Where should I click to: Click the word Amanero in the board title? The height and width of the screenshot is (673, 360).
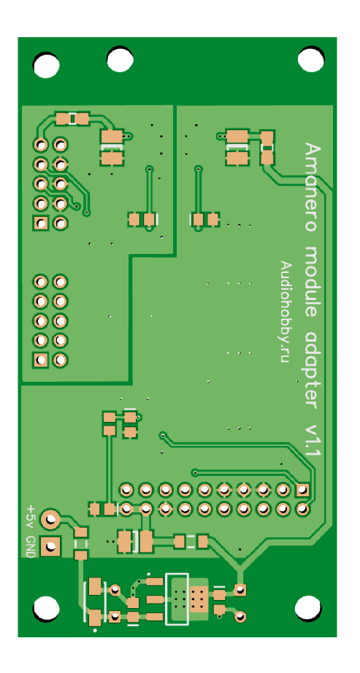(313, 187)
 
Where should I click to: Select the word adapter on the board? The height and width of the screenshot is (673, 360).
(313, 371)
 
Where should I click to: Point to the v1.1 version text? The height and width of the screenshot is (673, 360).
(313, 442)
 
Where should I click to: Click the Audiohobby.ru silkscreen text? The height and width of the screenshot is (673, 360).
(284, 312)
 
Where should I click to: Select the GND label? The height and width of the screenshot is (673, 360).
(30, 547)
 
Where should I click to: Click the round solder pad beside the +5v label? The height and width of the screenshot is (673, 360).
(50, 520)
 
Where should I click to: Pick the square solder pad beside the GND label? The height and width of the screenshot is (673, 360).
(50, 547)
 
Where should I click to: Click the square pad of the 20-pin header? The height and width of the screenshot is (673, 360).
(302, 489)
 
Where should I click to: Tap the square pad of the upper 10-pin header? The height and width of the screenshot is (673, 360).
(41, 223)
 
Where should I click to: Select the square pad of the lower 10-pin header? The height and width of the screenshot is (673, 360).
(41, 360)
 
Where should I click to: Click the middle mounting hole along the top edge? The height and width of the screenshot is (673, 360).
(120, 59)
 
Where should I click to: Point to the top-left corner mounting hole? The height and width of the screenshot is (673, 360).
(46, 65)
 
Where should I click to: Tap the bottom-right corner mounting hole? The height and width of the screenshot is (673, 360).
(307, 608)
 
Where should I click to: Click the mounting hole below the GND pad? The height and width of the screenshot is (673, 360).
(46, 608)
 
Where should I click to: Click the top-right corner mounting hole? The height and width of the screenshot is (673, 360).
(310, 59)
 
